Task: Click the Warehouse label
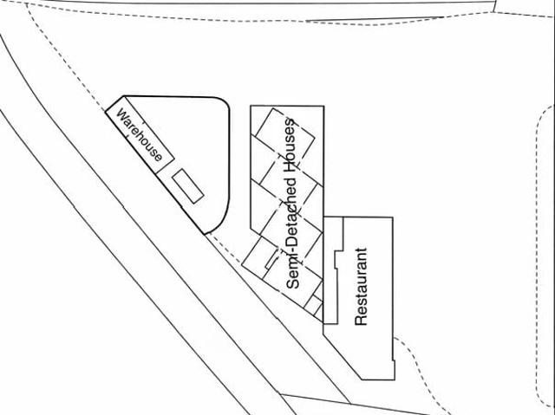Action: (139, 134)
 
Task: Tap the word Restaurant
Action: (361, 286)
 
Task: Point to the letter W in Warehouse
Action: (122, 115)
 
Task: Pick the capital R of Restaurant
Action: (361, 321)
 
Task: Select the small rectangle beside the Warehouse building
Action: (188, 186)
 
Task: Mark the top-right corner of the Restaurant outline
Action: (393, 217)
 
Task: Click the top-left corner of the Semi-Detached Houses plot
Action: (251, 106)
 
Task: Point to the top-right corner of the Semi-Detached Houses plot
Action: (323, 106)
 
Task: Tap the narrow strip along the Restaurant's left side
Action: (330, 270)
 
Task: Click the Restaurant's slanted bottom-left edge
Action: (343, 357)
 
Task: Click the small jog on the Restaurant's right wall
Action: (394, 361)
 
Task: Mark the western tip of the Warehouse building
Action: (106, 112)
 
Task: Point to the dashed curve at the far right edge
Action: (541, 255)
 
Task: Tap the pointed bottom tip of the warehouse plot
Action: (205, 234)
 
